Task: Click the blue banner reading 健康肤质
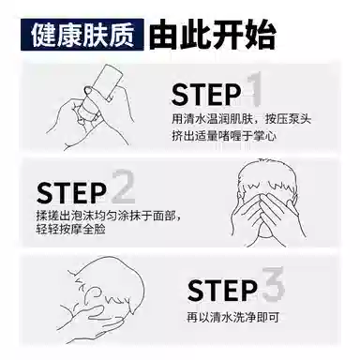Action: [82, 35]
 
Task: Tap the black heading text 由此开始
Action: [213, 35]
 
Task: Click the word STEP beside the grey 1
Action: [206, 94]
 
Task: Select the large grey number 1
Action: [255, 89]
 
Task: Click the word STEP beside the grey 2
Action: [71, 193]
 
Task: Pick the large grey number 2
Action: [123, 187]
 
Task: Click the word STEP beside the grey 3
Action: [222, 291]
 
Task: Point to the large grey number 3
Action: [273, 284]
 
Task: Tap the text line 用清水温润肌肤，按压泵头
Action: [241, 119]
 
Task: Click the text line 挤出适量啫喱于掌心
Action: [224, 136]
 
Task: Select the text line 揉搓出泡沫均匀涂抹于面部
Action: [108, 216]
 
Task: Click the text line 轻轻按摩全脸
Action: [71, 229]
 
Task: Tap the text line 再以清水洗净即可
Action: [232, 318]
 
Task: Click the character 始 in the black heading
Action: [261, 35]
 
